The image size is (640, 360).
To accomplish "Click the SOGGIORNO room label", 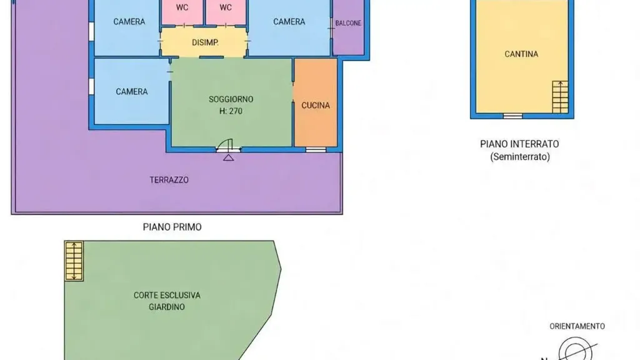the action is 231,99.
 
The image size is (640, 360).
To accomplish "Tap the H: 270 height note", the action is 231,111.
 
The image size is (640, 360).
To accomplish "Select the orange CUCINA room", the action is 316,102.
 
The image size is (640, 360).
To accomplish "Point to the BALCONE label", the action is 348,23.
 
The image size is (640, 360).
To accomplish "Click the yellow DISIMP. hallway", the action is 204,42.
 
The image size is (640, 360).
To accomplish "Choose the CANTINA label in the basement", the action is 521,54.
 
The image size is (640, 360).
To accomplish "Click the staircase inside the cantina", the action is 560,97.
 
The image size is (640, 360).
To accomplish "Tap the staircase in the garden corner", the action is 74,261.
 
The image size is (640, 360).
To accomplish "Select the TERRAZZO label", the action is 169,180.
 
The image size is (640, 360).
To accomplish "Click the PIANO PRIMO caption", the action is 172,227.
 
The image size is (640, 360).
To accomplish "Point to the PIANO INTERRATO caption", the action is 519,144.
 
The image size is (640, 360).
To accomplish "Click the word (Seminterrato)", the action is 520,157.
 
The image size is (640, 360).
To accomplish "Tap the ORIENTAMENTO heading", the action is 577,326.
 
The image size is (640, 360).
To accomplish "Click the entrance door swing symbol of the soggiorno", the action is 224,145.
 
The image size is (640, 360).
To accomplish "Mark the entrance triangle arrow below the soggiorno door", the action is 229,157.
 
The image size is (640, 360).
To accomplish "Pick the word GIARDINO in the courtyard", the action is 167,307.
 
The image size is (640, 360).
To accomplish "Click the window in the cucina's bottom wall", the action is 316,150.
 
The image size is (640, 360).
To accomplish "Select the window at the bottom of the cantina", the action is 512,116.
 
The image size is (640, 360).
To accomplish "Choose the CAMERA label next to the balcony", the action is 289,22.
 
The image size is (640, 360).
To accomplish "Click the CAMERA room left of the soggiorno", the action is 131,91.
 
